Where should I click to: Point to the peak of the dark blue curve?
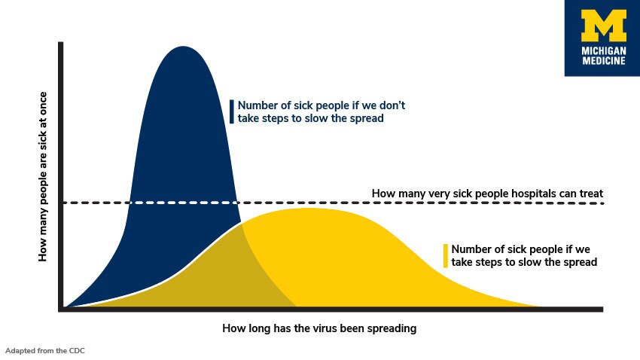tap(181, 47)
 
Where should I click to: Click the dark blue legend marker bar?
tap(233, 111)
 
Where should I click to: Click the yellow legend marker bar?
tap(446, 255)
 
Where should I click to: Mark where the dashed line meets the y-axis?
tap(61, 203)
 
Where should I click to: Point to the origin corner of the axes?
tap(61, 309)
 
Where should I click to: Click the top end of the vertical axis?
tap(61, 44)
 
